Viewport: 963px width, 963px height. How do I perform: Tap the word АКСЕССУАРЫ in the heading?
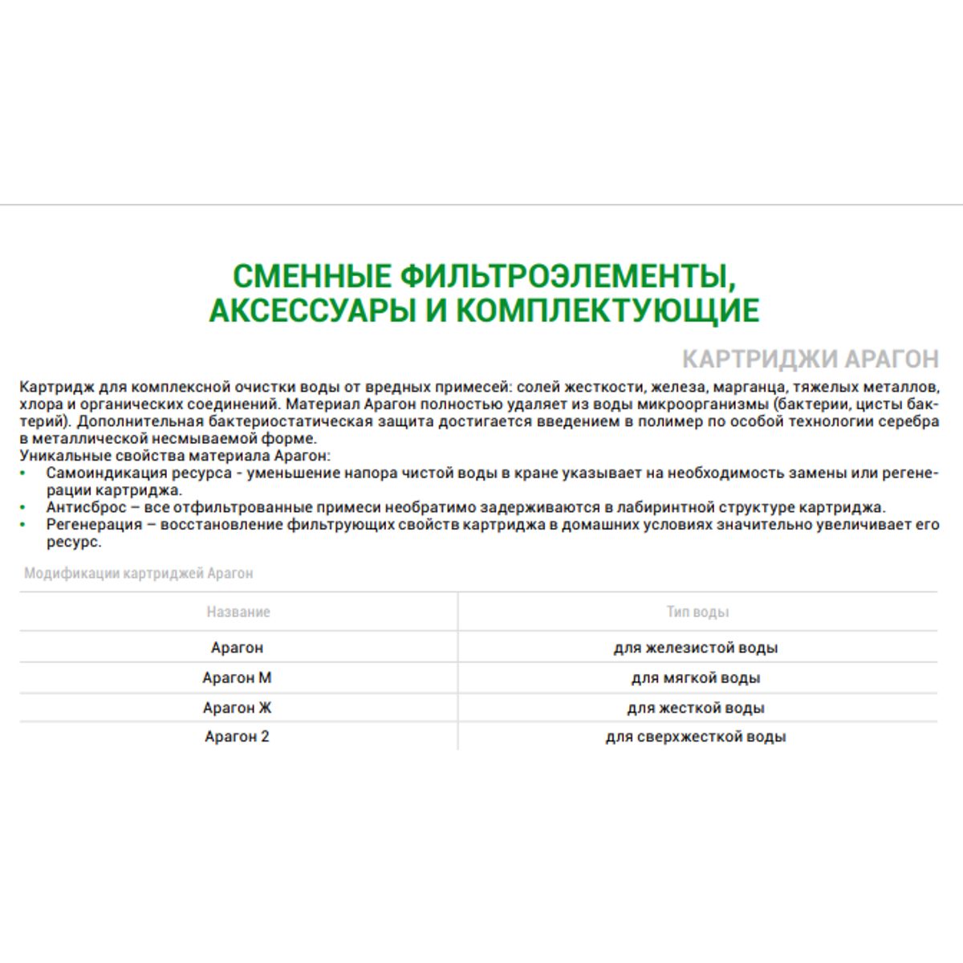click(311, 311)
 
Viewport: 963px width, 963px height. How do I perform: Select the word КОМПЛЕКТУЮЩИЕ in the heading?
click(607, 311)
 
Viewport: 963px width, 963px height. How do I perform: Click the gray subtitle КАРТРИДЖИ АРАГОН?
click(810, 359)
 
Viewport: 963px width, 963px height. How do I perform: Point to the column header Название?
click(238, 612)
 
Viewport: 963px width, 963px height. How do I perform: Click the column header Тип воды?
click(697, 612)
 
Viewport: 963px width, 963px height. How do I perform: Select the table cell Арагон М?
click(237, 678)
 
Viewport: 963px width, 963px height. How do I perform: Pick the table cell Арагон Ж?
click(237, 708)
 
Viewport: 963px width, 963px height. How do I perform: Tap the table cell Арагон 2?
click(237, 737)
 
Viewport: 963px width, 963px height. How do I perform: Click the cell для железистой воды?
click(696, 648)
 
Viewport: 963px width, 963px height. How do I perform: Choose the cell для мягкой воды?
click(696, 678)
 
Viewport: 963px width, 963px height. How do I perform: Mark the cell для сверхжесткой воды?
click(696, 737)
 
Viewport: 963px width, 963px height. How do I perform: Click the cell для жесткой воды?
click(696, 708)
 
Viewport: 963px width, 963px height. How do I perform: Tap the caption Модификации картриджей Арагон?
click(139, 574)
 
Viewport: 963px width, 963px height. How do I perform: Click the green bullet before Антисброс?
click(25, 508)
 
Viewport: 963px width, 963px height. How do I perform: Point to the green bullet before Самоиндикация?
click(25, 473)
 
